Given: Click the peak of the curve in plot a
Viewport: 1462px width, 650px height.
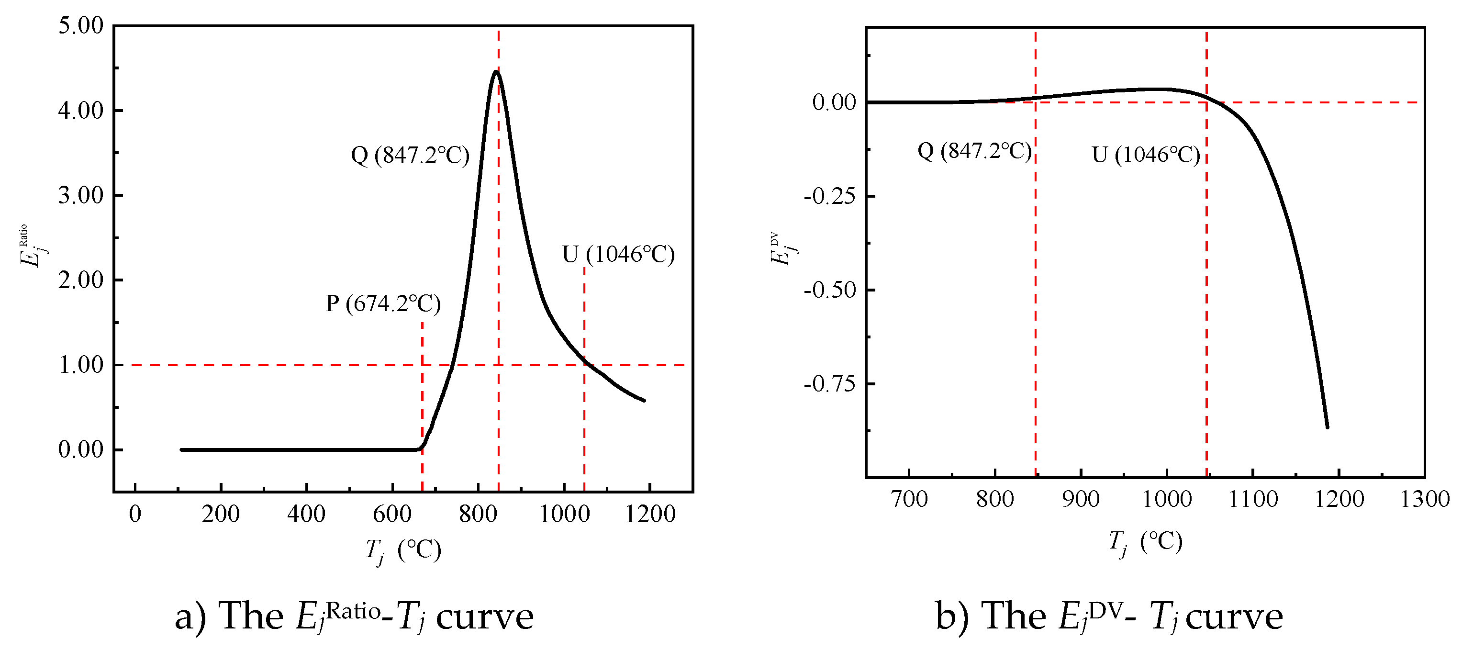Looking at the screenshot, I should point(496,71).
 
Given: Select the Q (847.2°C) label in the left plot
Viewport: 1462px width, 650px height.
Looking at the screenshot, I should point(410,155).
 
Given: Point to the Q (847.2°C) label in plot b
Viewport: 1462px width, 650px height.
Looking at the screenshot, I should point(974,151).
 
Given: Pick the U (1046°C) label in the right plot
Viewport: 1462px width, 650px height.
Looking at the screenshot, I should point(1145,155).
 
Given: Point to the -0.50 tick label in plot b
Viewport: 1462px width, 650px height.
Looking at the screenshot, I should point(829,290).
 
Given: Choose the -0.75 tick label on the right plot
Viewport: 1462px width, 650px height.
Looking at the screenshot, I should point(829,384).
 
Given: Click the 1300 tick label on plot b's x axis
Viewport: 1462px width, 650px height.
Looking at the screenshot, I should point(1425,500).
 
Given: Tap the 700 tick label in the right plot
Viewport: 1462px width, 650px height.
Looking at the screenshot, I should point(909,500).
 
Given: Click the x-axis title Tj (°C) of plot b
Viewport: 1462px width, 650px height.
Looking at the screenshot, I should point(1145,543).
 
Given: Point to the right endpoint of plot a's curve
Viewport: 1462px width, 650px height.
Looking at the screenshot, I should point(644,401).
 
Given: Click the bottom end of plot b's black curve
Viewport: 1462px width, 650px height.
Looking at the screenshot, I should point(1327,427).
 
